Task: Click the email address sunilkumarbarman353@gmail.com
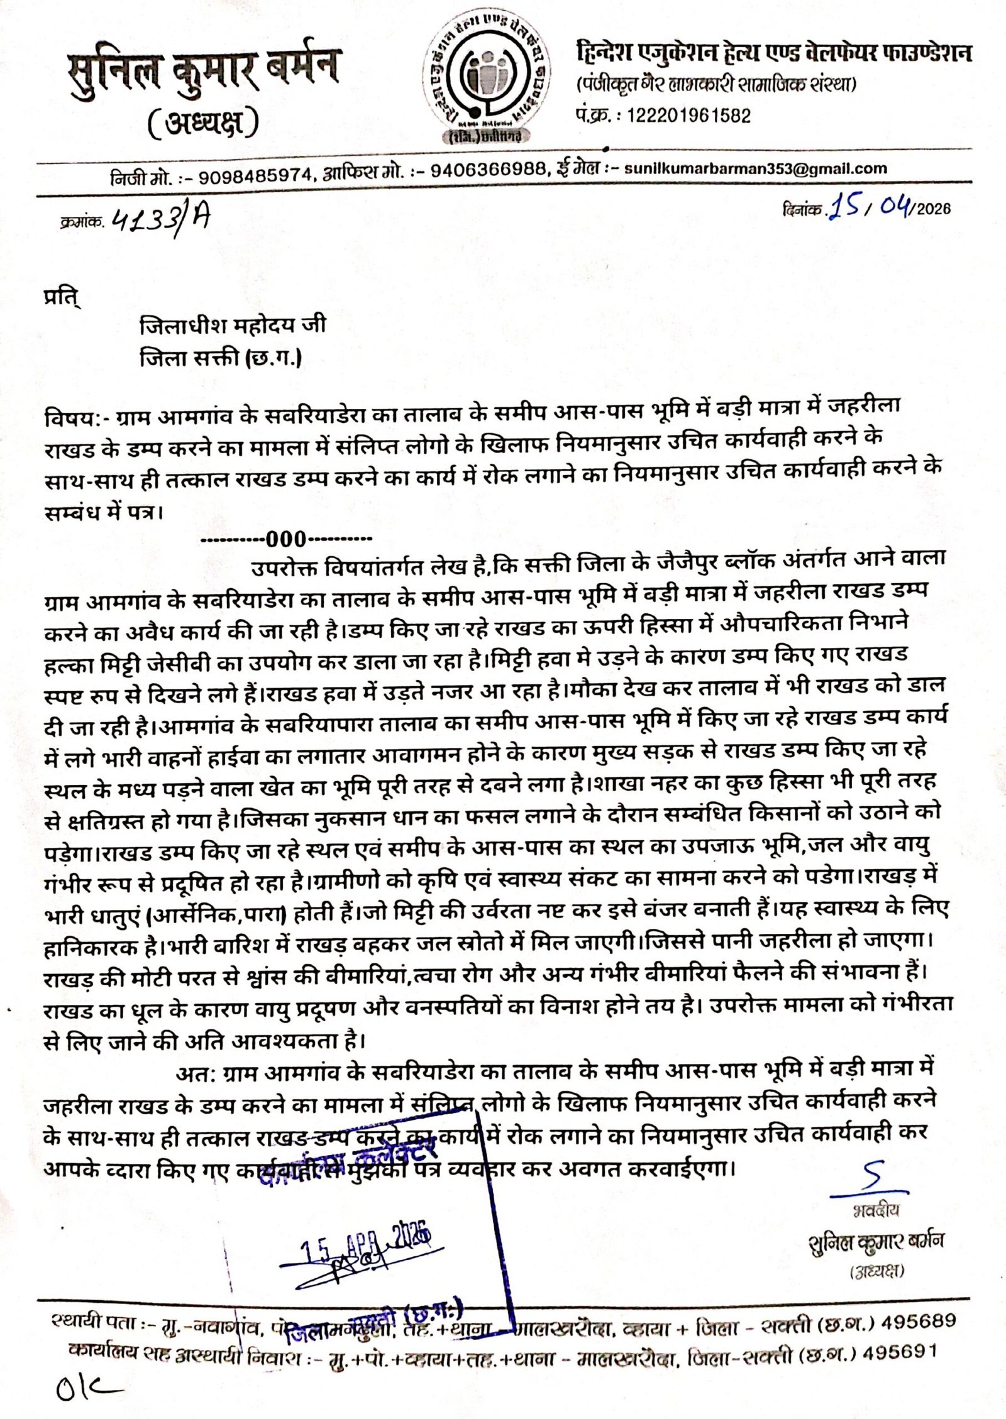coord(755,169)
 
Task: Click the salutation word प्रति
coord(64,294)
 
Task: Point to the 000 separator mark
coord(286,539)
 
